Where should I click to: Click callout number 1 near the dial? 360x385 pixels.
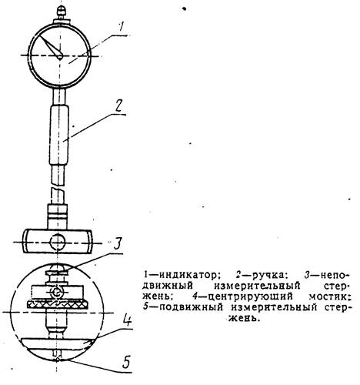[x=121, y=28]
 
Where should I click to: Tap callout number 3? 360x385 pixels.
[x=117, y=244]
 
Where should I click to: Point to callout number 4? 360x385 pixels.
[x=127, y=320]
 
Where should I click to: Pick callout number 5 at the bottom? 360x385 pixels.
[x=125, y=362]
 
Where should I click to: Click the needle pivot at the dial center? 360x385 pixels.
[x=60, y=57]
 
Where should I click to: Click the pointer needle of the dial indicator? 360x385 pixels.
[x=50, y=46]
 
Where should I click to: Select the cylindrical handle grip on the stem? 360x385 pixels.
[x=59, y=135]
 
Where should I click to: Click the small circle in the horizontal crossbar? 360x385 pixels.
[x=58, y=242]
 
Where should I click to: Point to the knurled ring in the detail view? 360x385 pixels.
[x=58, y=305]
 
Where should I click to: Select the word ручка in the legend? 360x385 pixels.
[x=268, y=275]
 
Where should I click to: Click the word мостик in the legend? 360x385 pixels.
[x=328, y=297]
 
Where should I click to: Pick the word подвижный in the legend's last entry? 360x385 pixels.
[x=192, y=307]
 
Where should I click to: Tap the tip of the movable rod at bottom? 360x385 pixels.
[x=58, y=360]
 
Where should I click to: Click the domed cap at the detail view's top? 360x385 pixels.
[x=58, y=268]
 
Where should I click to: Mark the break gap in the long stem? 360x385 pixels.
[x=58, y=186]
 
